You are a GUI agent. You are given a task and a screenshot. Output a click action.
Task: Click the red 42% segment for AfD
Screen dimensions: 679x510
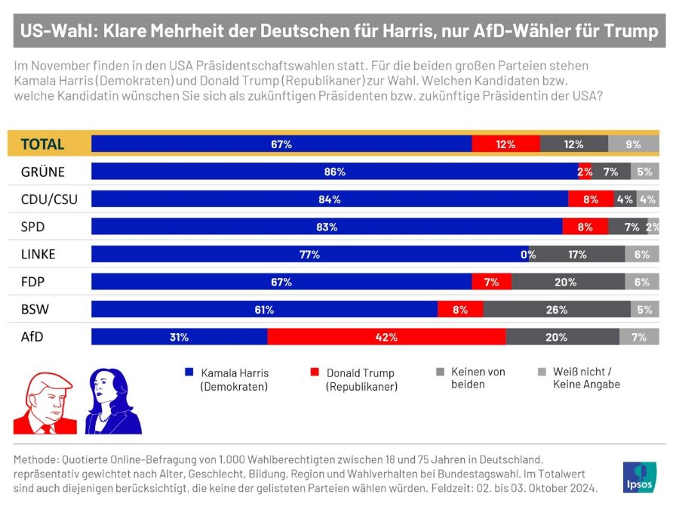coord(386,337)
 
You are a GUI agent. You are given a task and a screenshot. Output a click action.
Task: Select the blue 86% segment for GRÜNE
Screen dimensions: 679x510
coord(335,172)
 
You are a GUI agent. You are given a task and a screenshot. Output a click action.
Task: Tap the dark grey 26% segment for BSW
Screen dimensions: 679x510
coord(557,309)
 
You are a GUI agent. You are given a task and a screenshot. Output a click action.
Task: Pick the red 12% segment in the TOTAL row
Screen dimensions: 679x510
coord(505,144)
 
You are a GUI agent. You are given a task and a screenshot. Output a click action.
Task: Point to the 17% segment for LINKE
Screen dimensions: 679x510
coord(577,254)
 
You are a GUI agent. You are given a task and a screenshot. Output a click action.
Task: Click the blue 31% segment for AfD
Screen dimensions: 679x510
coord(180,337)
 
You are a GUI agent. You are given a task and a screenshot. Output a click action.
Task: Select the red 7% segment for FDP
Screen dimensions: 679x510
coord(491,282)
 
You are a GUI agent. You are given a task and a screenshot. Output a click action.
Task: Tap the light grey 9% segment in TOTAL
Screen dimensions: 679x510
coord(634,144)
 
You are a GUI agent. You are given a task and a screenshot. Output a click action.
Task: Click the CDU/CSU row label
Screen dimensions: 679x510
coord(49,199)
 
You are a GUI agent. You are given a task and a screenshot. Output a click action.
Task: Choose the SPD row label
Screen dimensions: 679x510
coord(33,227)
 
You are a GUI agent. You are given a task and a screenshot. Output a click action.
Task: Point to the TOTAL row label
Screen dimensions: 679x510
coord(42,144)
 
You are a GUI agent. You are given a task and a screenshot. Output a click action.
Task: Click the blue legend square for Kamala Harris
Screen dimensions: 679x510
coord(189,372)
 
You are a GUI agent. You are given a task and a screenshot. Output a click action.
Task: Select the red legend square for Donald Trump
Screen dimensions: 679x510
coord(315,372)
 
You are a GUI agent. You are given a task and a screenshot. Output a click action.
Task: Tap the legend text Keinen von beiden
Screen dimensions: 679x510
coord(478,378)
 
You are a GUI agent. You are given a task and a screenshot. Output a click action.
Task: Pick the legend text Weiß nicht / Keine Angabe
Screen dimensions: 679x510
coord(586,378)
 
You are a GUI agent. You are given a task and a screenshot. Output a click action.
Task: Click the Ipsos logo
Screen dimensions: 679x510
coord(640,478)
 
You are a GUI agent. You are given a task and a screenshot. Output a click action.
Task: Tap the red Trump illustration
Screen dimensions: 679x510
coord(45,403)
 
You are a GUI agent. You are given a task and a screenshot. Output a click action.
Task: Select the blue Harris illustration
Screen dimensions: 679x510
coord(113,401)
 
